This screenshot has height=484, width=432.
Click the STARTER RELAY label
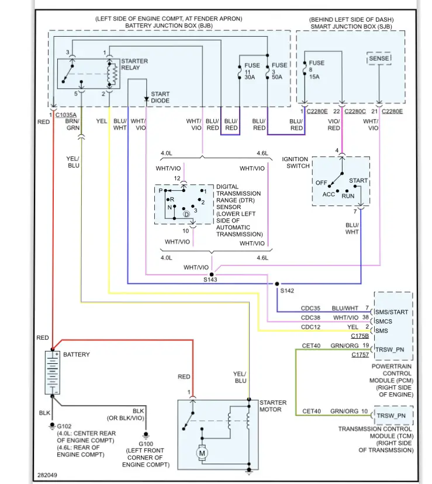[x=134, y=64]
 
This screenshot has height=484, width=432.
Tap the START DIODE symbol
[x=147, y=99]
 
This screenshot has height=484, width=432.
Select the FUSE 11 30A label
[x=252, y=71]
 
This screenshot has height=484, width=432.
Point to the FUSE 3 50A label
[x=279, y=71]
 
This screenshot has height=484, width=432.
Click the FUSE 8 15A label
[x=316, y=69]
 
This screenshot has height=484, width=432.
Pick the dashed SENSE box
[x=379, y=58]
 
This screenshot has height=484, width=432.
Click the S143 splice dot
[x=212, y=274]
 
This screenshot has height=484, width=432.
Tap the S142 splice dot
[x=277, y=284]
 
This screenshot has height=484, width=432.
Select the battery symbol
[x=53, y=372]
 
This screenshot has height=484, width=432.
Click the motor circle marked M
[x=202, y=453]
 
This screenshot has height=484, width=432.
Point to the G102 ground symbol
[x=52, y=426]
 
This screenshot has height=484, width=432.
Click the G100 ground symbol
[x=146, y=435]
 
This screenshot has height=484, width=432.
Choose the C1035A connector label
[x=66, y=115]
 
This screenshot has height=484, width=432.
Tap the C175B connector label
[x=360, y=336]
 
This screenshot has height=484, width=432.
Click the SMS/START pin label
[x=392, y=312]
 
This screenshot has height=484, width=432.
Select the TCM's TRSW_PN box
[x=393, y=416]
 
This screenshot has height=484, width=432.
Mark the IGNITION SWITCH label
[x=296, y=162]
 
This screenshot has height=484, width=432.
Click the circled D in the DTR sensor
[x=186, y=214]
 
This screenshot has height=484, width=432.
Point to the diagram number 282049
[x=47, y=475]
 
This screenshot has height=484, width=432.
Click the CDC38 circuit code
[x=310, y=318]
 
